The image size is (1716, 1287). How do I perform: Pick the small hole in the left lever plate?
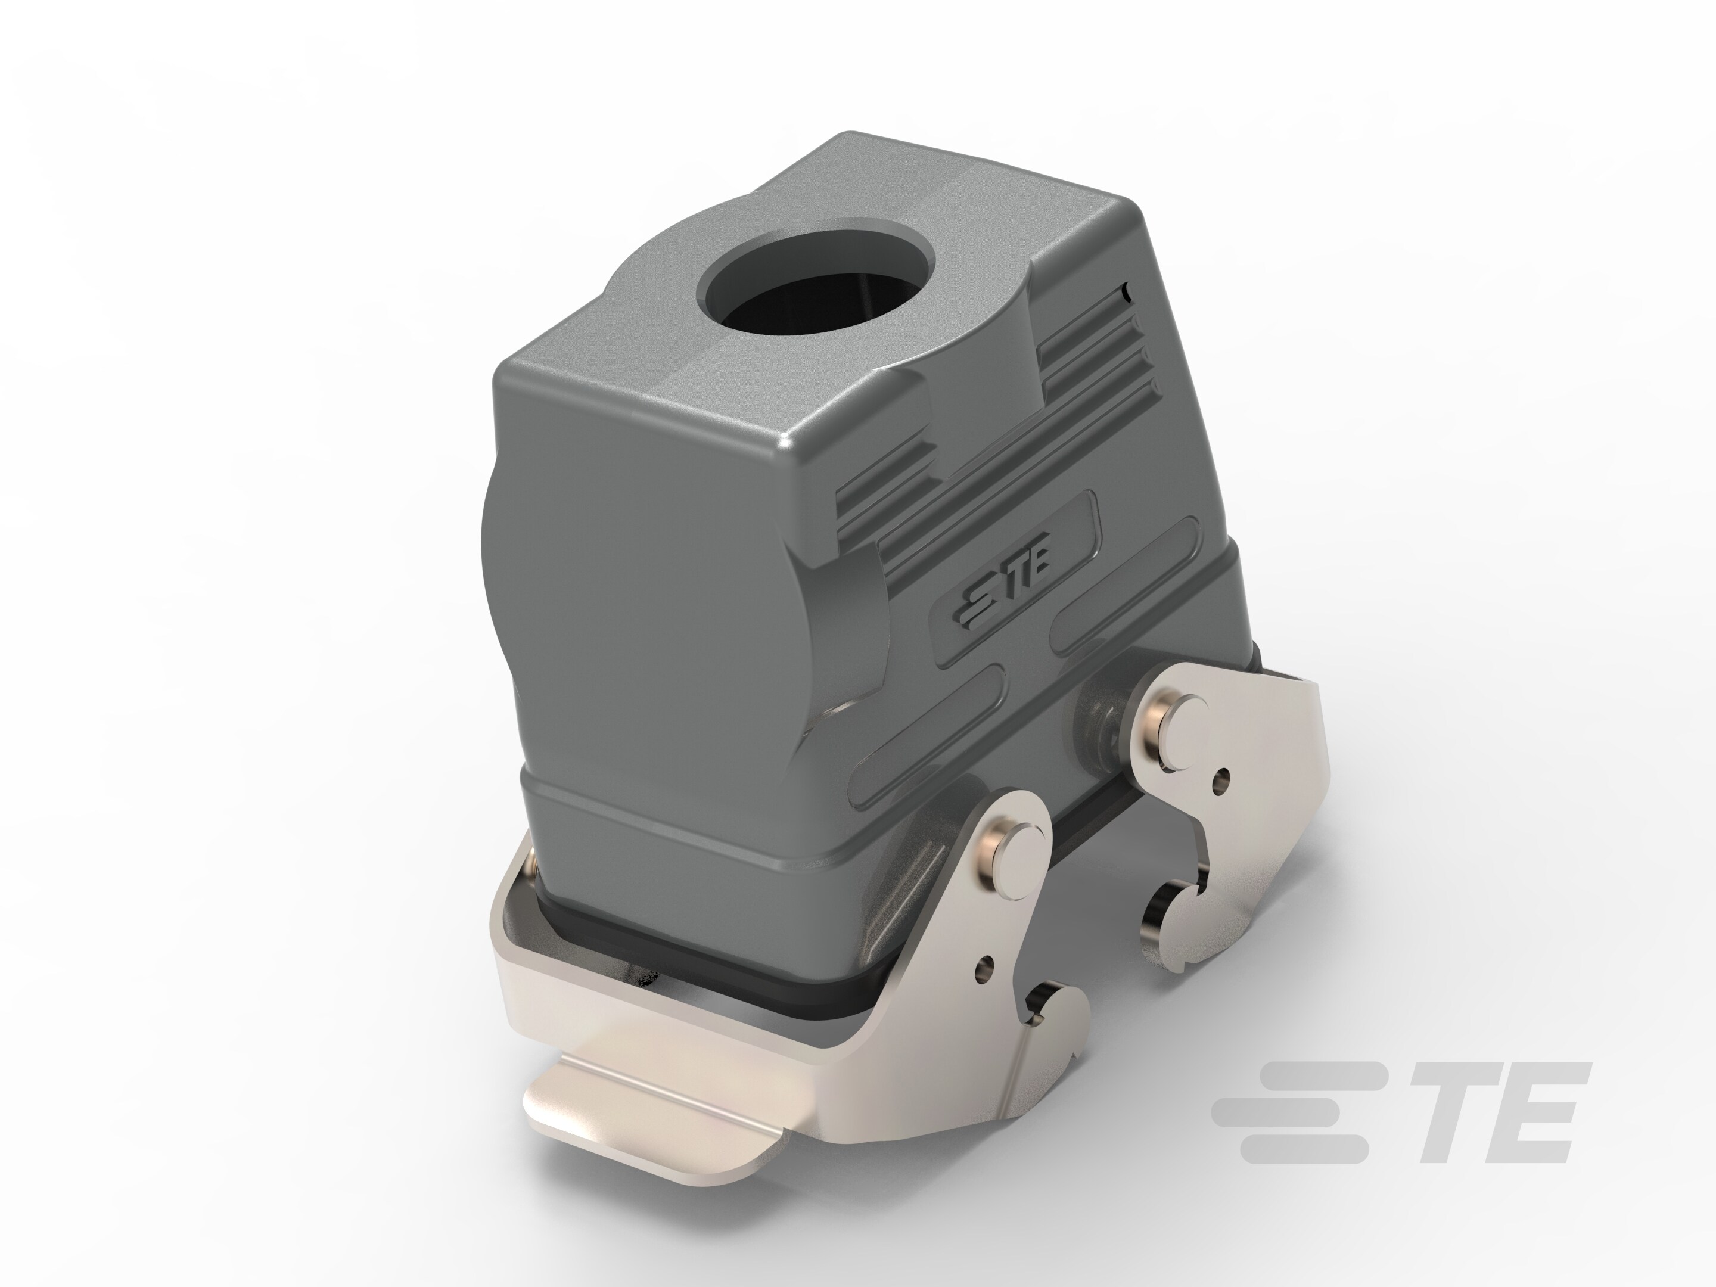pyautogui.click(x=987, y=966)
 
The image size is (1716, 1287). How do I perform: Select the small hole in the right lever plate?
pyautogui.click(x=1223, y=778)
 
